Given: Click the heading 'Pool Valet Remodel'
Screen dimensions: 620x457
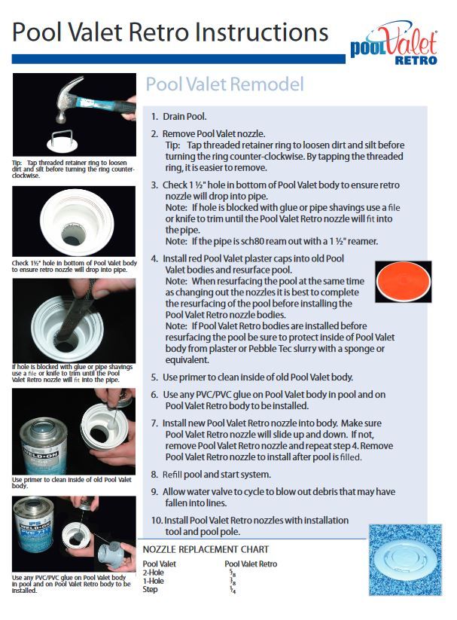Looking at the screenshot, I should pyautogui.click(x=224, y=84).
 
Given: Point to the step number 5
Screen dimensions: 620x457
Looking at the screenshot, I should pyautogui.click(x=154, y=377).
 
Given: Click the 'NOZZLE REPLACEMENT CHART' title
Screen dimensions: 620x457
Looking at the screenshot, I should pyautogui.click(x=206, y=550).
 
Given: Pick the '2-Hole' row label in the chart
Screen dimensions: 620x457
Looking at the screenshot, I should pyautogui.click(x=154, y=573).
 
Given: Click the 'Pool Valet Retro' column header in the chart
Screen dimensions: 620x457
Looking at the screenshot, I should pyautogui.click(x=251, y=563).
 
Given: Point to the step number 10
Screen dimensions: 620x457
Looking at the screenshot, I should pyautogui.click(x=157, y=520).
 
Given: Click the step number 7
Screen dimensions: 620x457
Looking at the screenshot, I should pyautogui.click(x=154, y=423).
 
